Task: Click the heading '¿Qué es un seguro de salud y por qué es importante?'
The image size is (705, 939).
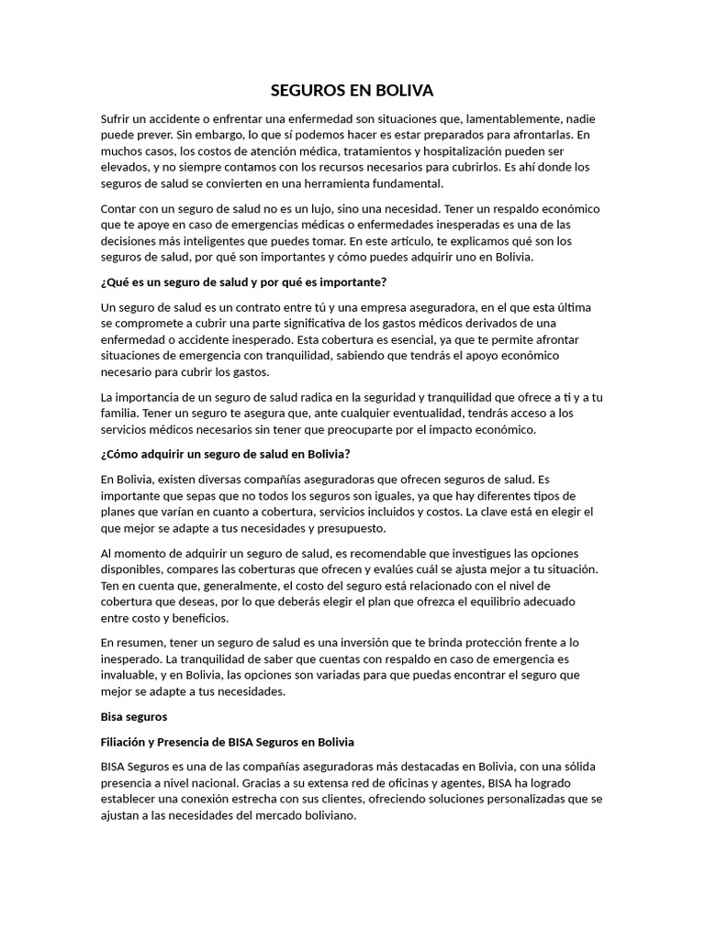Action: [x=242, y=282]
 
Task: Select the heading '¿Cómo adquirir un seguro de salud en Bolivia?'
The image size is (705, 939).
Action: [x=225, y=453]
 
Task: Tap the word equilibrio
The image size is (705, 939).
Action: [x=499, y=602]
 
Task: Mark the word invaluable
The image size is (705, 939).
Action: [x=130, y=675]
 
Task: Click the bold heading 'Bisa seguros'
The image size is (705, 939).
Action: [x=134, y=714]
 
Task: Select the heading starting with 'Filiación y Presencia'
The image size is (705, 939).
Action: [x=227, y=741]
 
